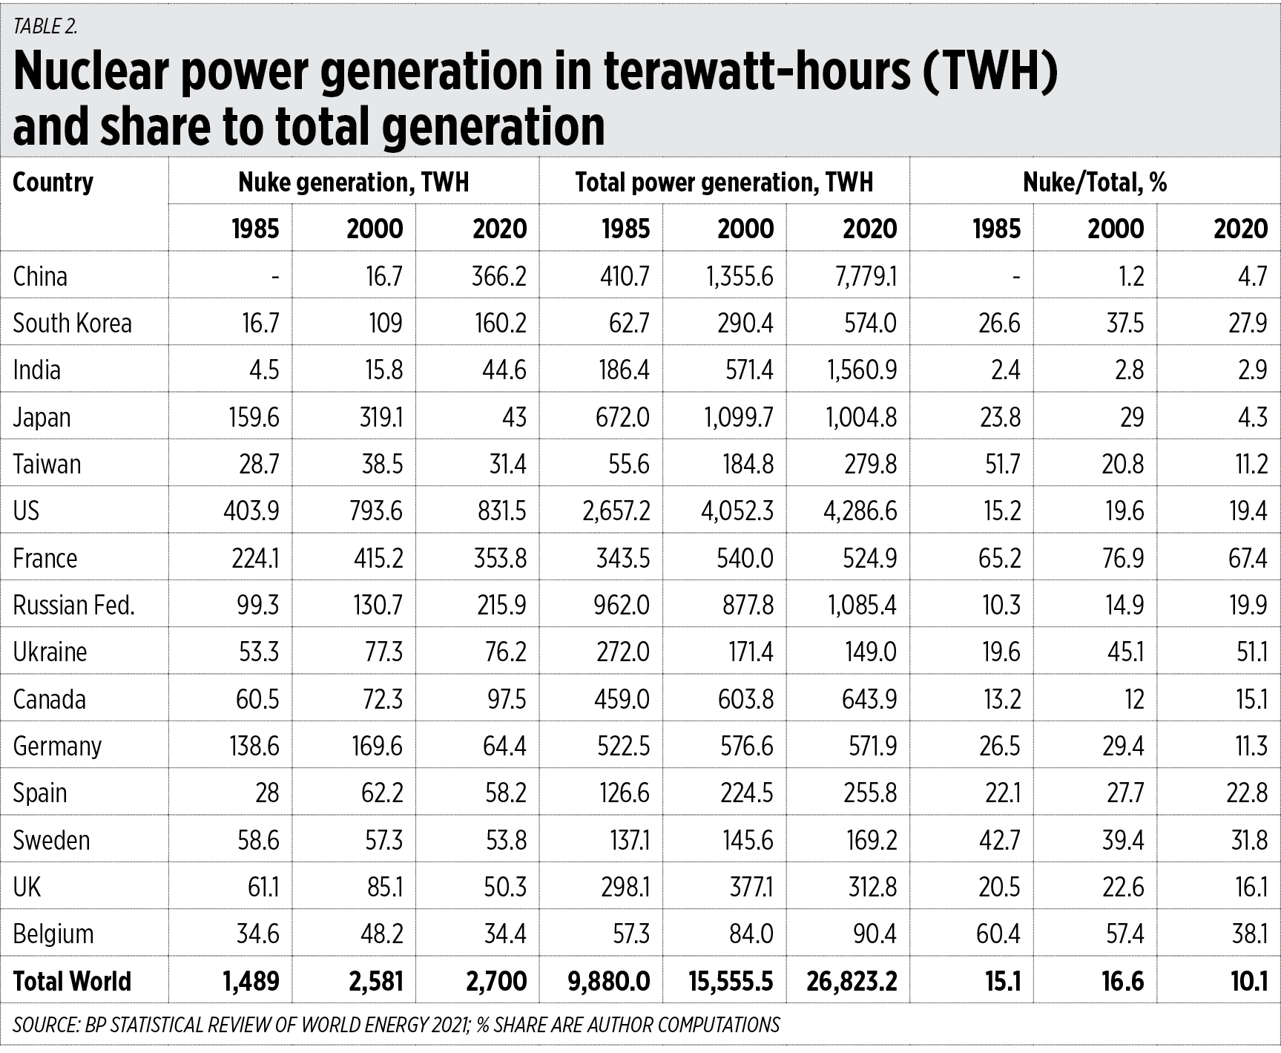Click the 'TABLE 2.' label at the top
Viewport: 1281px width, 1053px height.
pyautogui.click(x=45, y=26)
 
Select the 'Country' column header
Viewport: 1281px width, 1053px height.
pyautogui.click(x=53, y=183)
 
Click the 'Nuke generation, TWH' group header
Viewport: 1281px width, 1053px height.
pyautogui.click(x=353, y=183)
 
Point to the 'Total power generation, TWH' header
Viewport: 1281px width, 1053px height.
pyautogui.click(x=724, y=183)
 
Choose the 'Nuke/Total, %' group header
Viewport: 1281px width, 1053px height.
pyautogui.click(x=1095, y=183)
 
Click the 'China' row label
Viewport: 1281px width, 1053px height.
pyautogui.click(x=40, y=277)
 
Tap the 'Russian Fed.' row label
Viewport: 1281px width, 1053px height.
pyautogui.click(x=74, y=606)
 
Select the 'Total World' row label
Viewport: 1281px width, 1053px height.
pyautogui.click(x=72, y=981)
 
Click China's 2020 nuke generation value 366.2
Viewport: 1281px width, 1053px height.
pyautogui.click(x=499, y=277)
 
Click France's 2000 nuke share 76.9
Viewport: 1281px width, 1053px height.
pyautogui.click(x=1123, y=558)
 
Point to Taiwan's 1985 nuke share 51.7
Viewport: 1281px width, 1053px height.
pyautogui.click(x=1000, y=465)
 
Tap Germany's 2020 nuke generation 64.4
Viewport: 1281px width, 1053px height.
pyautogui.click(x=504, y=746)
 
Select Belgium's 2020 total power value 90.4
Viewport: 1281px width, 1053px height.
pyautogui.click(x=875, y=934)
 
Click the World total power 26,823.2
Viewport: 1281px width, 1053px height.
pyautogui.click(x=852, y=981)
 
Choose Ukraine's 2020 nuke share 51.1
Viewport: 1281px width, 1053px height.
pyautogui.click(x=1248, y=652)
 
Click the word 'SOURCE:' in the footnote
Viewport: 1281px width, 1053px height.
pyautogui.click(x=46, y=1025)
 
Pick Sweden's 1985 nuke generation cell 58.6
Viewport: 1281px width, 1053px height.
pyautogui.click(x=258, y=840)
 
